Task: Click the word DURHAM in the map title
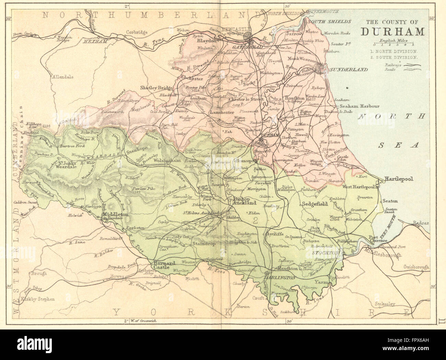coord(392,32)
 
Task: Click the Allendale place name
coord(62,77)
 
